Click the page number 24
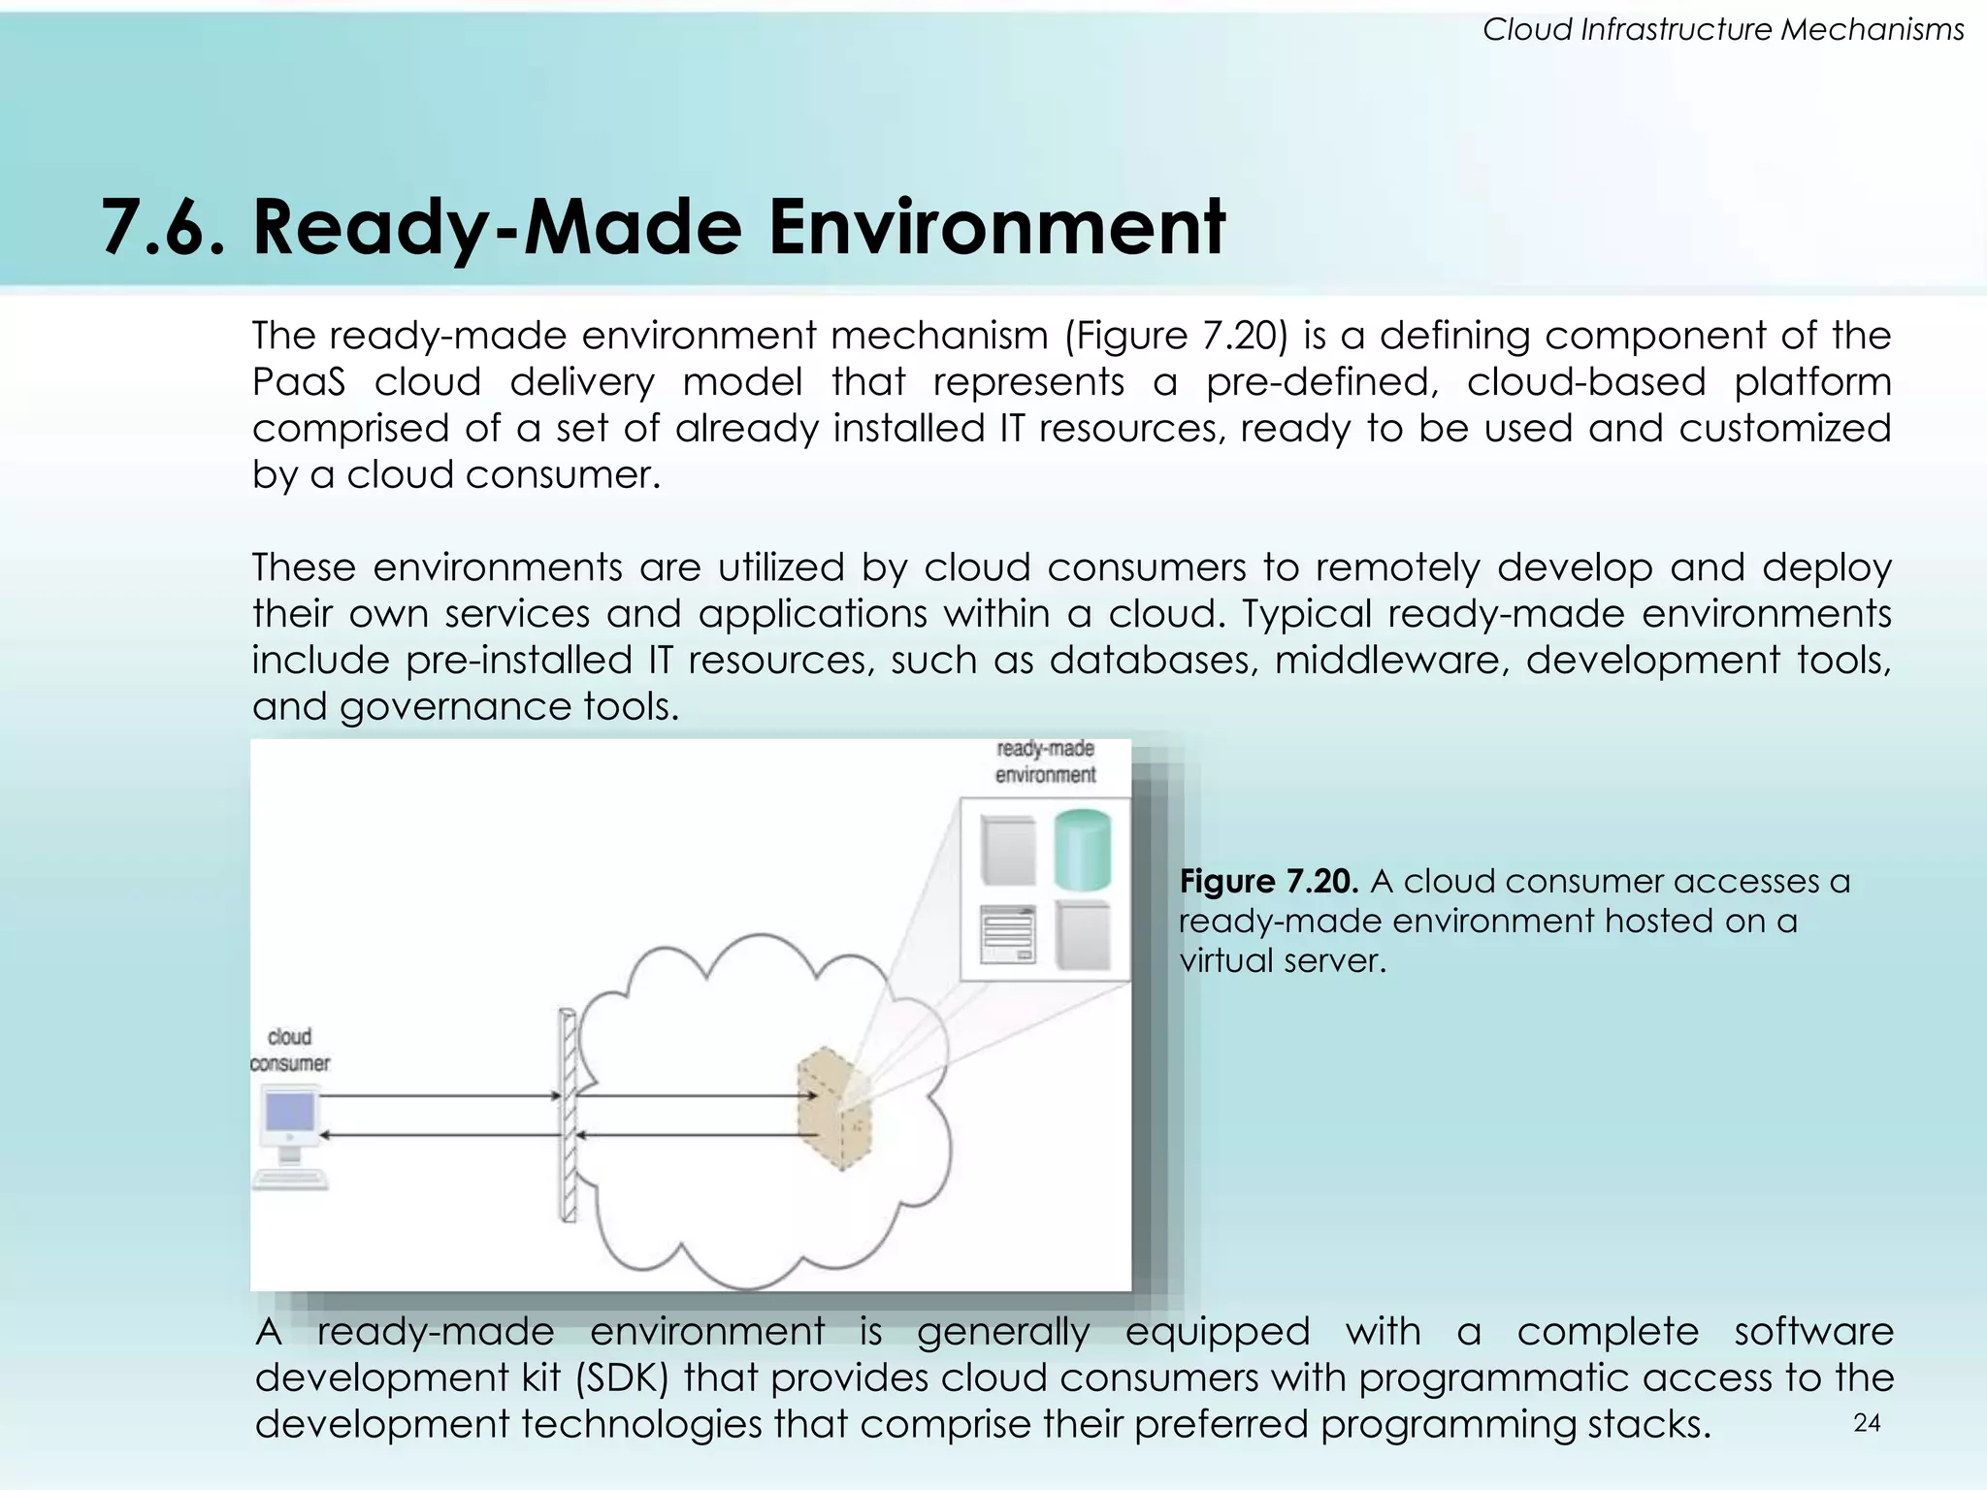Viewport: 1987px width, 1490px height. [1867, 1423]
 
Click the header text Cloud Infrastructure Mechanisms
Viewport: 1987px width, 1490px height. [1723, 30]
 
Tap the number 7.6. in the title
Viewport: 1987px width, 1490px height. [162, 227]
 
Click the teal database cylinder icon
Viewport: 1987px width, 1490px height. [1082, 851]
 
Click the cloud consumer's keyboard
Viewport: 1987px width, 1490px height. [290, 1178]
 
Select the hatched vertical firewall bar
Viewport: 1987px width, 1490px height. [568, 1116]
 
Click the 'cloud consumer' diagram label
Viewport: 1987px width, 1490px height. [289, 1051]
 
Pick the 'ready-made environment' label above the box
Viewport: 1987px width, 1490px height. [1045, 761]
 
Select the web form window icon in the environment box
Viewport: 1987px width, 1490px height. [1007, 933]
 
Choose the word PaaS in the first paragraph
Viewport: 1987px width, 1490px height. [298, 382]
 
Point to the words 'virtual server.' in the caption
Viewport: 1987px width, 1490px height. [1282, 960]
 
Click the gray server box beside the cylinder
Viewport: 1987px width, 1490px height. [1009, 851]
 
